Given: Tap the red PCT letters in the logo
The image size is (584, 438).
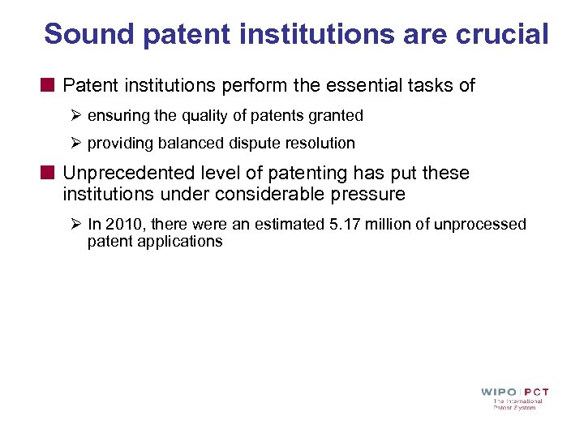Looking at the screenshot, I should pos(535,393).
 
